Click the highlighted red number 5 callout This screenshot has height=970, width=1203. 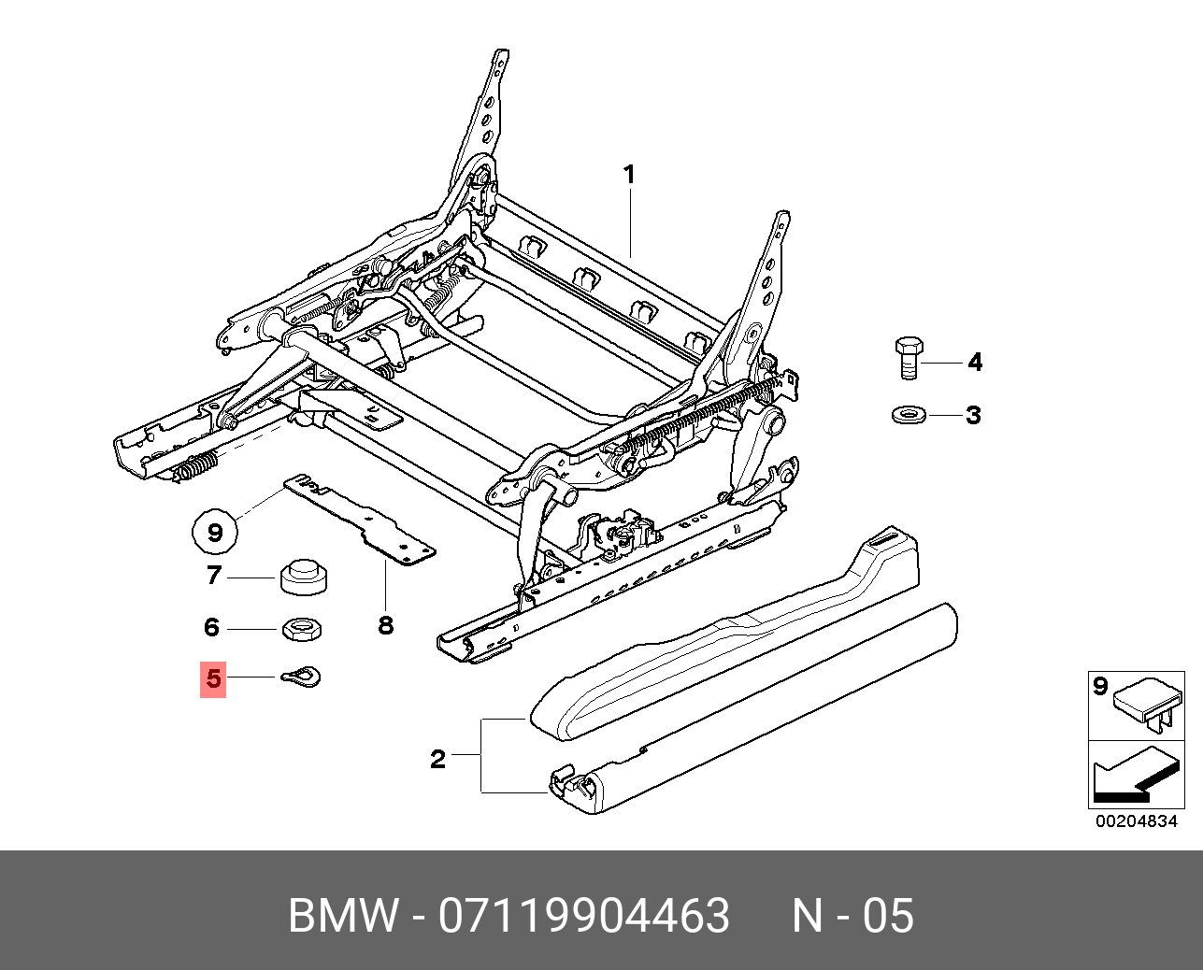click(x=214, y=679)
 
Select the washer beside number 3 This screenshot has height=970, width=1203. click(x=906, y=414)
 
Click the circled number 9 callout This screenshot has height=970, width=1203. click(x=215, y=533)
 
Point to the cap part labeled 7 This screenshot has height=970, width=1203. click(x=302, y=578)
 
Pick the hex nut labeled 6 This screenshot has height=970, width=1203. click(x=302, y=629)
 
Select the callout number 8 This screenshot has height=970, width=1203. click(x=386, y=625)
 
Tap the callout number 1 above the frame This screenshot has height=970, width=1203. click(x=629, y=175)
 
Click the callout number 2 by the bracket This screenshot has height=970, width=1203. click(x=437, y=759)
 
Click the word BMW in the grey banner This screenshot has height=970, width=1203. click(x=343, y=916)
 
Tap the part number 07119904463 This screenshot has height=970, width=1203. click(x=583, y=916)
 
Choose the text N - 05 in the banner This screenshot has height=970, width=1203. click(x=852, y=916)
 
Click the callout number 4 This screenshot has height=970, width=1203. click(x=975, y=362)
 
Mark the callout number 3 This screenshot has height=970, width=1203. click(x=973, y=415)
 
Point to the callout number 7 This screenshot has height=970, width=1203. click(x=214, y=577)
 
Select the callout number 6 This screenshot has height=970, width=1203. click(x=211, y=627)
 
